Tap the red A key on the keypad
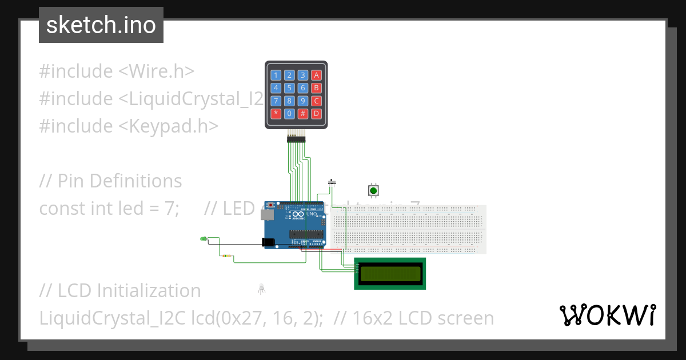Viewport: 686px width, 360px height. (x=316, y=75)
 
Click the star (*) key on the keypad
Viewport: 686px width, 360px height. (x=276, y=113)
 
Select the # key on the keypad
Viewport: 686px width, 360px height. (x=303, y=113)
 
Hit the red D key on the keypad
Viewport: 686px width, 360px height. (x=316, y=113)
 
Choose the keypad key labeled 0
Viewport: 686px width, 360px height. (x=290, y=113)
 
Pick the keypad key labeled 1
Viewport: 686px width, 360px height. (x=276, y=75)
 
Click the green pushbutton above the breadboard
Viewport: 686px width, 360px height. (x=373, y=190)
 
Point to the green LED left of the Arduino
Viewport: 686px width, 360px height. (x=203, y=238)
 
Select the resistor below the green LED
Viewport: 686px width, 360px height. (x=227, y=257)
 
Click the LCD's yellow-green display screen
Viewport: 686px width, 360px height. (x=390, y=273)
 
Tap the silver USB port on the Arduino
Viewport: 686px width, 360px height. (x=266, y=214)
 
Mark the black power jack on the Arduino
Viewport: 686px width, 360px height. (x=268, y=242)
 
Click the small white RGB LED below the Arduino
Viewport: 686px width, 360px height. (x=261, y=288)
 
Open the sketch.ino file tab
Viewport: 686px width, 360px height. (x=101, y=25)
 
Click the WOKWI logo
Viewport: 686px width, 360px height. (x=607, y=315)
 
